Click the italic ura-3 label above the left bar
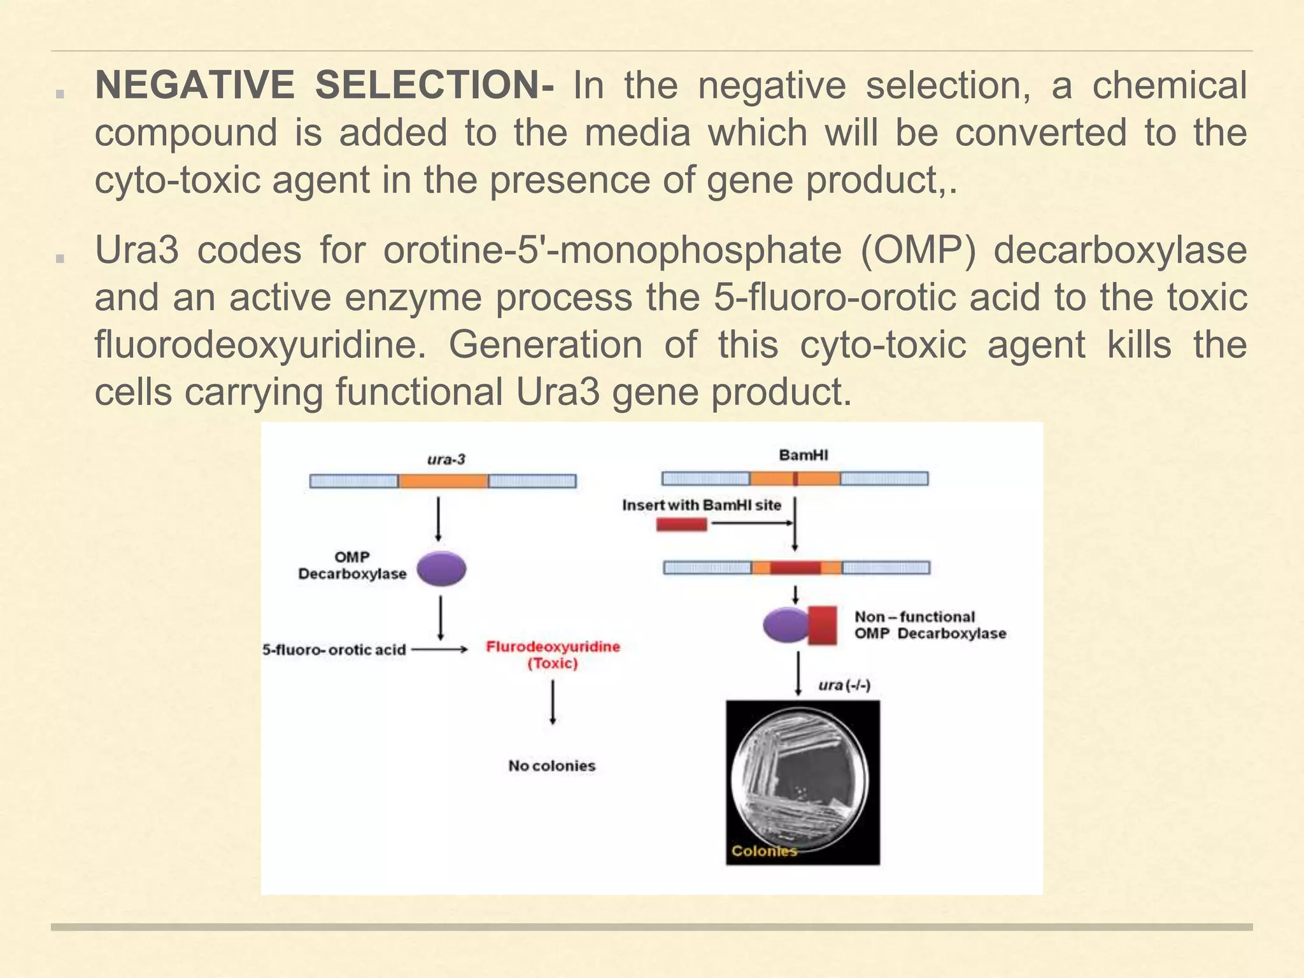(446, 459)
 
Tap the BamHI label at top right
(804, 455)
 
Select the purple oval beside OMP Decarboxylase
(442, 569)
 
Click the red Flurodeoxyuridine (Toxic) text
(553, 655)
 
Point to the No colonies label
(551, 765)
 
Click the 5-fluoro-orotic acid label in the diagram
(334, 649)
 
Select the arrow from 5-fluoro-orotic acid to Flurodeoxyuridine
(439, 649)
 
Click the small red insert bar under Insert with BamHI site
(681, 524)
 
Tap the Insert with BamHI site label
(701, 505)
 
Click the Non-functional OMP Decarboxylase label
(930, 625)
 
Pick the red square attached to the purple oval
(822, 625)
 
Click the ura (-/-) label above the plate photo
(844, 685)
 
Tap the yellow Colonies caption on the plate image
(763, 851)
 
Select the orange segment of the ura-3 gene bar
(443, 481)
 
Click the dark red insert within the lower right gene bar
(795, 567)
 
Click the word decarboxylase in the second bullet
(1119, 250)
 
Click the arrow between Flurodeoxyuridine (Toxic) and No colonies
(553, 702)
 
